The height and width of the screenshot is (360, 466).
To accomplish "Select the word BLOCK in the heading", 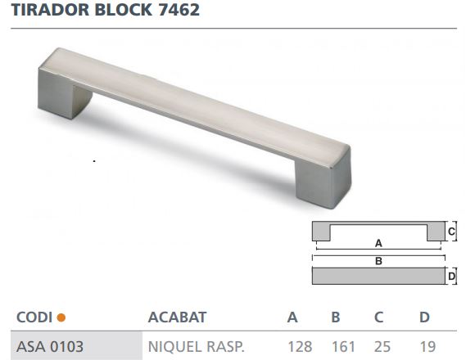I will point(121,11).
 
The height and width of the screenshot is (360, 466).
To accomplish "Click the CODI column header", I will point(34,317).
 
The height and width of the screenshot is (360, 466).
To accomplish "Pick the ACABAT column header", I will point(176,317).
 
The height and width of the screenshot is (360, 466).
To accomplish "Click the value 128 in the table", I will point(300,345).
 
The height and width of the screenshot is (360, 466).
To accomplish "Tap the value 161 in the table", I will point(342,345).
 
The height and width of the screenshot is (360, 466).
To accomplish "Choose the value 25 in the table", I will point(381,345).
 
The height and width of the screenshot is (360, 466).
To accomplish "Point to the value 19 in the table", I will point(426,345).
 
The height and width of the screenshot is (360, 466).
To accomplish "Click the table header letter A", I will point(292,317).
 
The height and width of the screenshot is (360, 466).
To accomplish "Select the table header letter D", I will point(424,317).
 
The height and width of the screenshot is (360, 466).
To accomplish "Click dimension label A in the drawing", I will point(378,243).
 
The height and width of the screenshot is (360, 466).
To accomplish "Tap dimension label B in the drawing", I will point(378,261).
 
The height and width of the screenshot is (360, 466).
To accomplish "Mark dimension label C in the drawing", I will point(451,232).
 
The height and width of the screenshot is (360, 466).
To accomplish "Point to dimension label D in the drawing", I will point(451,277).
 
